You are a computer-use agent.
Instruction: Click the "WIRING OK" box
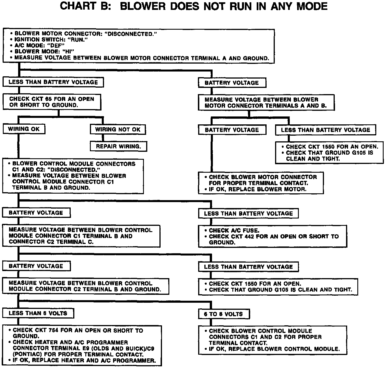pos(24,129)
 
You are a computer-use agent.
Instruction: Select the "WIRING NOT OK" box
pos(118,129)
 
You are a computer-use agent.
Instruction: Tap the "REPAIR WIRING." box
pos(118,146)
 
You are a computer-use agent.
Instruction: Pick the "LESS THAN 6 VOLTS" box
pos(38,313)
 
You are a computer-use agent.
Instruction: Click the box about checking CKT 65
pos(52,102)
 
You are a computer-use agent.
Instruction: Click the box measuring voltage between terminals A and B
pos(265,103)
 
